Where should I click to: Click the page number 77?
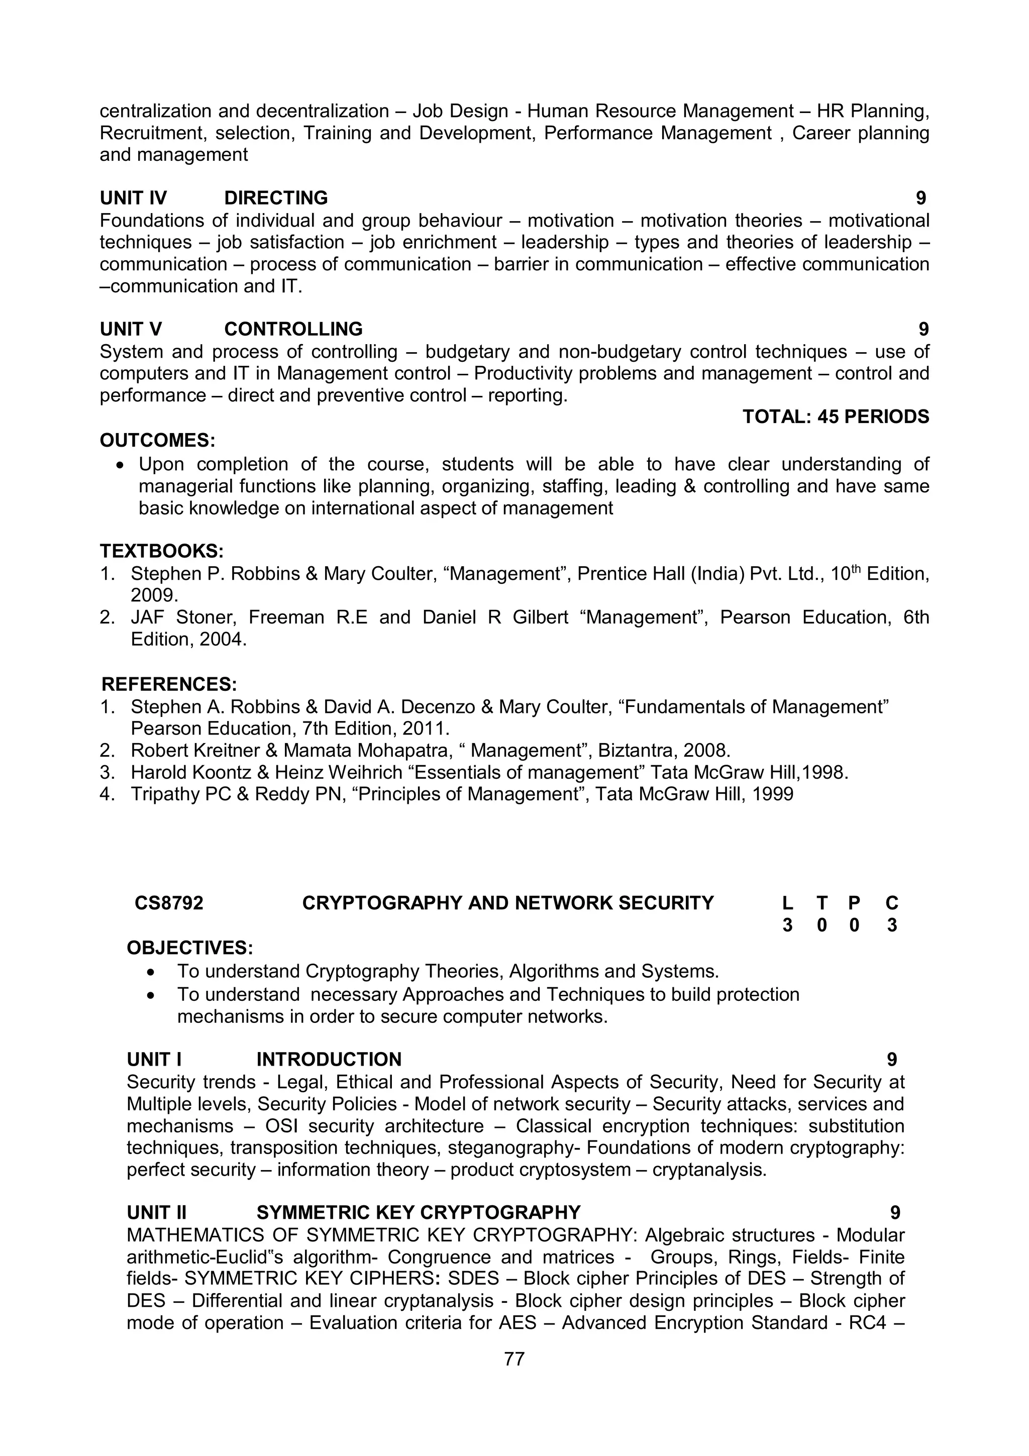tap(514, 1359)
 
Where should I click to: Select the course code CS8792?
tap(169, 903)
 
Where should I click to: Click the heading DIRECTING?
tap(276, 198)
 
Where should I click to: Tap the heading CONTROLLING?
tap(293, 329)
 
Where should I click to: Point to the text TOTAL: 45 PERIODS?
tap(835, 417)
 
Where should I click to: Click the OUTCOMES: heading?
tap(157, 440)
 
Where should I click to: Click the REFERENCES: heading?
tap(169, 684)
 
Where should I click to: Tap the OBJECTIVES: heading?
tap(189, 948)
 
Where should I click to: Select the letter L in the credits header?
tap(787, 903)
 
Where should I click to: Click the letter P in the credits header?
tap(854, 903)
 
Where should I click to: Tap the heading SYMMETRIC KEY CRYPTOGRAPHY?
tap(419, 1212)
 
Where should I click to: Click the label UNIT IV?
tap(133, 198)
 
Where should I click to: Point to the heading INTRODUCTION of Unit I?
tap(329, 1060)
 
